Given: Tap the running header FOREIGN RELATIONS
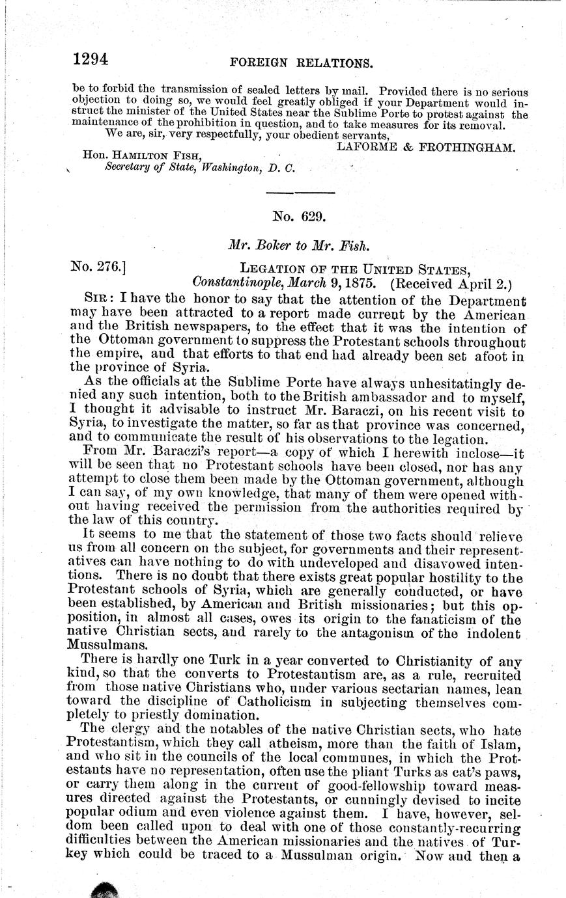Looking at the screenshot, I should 302,63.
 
